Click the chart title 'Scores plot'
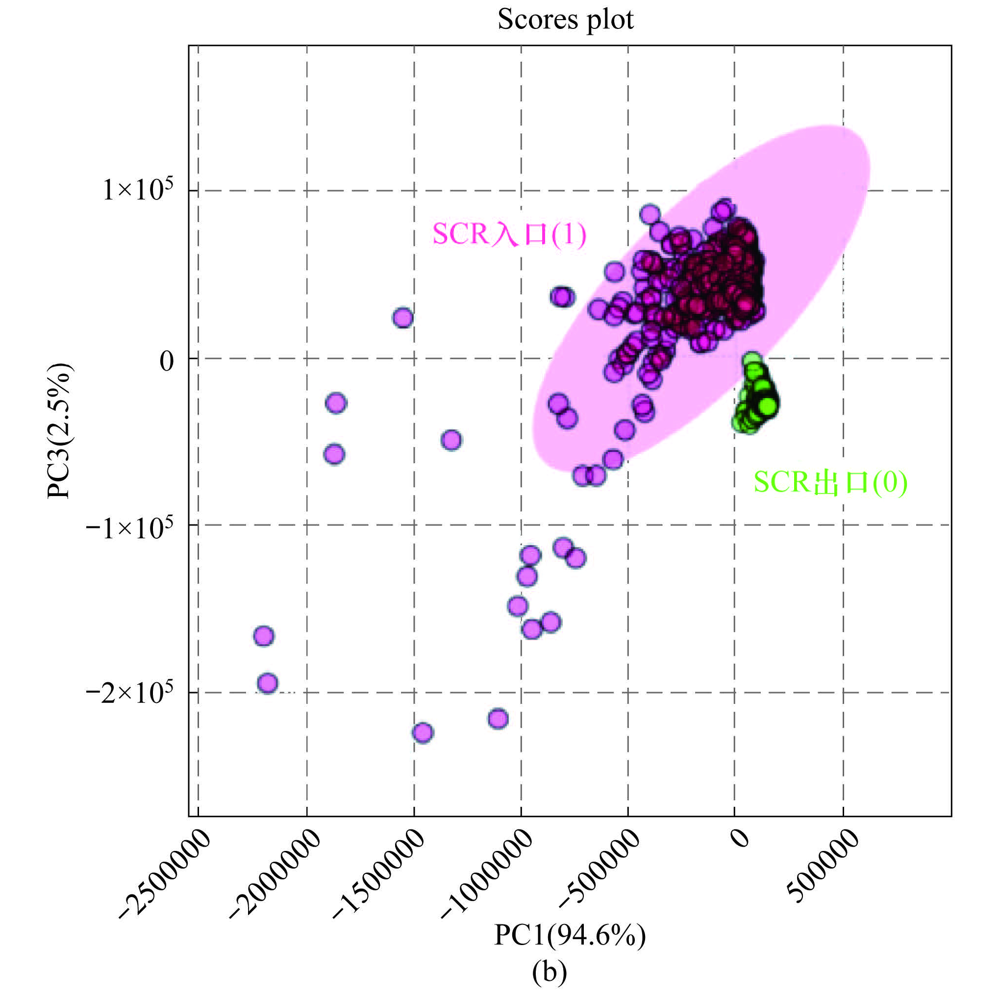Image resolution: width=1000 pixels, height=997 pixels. tap(565, 20)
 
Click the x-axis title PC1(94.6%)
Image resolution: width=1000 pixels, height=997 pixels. tap(569, 935)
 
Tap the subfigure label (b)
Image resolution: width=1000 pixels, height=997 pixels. tap(549, 972)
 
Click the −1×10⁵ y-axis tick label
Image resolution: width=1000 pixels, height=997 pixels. tap(129, 528)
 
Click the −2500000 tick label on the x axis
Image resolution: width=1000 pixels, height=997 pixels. tap(165, 876)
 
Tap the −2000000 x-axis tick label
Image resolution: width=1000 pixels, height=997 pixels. tap(275, 876)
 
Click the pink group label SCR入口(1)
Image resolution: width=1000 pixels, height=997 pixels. tap(509, 234)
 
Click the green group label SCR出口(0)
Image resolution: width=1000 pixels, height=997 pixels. tap(830, 482)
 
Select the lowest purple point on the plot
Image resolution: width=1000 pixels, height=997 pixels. tap(423, 732)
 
